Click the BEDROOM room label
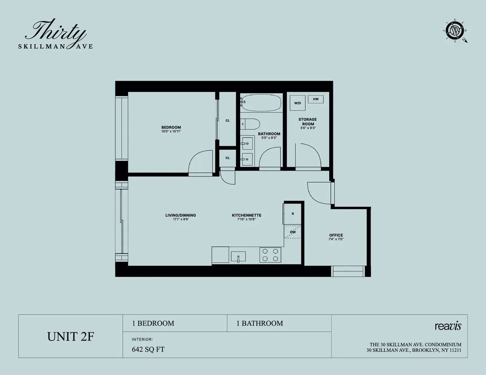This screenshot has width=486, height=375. click(171, 127)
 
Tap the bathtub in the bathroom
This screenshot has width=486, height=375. click(261, 103)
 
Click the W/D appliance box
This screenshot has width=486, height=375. click(298, 103)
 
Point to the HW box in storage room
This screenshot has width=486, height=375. click(315, 99)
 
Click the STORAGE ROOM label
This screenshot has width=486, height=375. click(307, 122)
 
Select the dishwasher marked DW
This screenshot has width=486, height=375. click(292, 232)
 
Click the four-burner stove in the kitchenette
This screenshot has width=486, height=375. click(271, 255)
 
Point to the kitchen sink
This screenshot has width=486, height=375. click(238, 256)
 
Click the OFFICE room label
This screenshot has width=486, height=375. click(336, 235)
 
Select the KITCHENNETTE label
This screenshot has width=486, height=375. click(246, 215)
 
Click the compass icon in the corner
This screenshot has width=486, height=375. click(456, 31)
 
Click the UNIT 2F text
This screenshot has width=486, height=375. click(70, 337)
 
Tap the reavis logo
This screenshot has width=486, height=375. click(448, 326)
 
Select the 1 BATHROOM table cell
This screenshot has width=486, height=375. click(260, 323)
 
